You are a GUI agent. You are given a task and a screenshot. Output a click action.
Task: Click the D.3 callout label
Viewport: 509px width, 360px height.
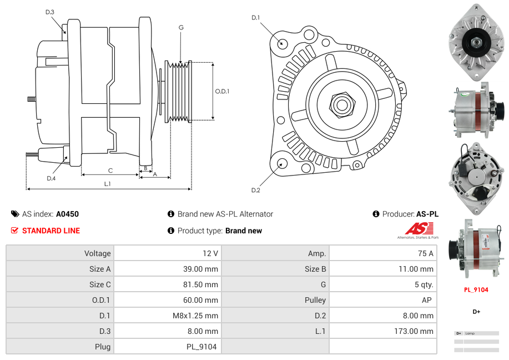tap(50, 12)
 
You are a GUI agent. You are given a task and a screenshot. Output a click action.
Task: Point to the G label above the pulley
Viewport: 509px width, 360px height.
tap(181, 27)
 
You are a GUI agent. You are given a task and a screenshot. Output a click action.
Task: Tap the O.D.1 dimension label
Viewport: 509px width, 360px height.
tap(222, 91)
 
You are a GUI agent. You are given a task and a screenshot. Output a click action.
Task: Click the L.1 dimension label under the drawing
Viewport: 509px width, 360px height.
tap(108, 184)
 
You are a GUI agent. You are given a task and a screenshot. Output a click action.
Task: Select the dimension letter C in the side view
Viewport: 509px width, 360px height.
tap(110, 171)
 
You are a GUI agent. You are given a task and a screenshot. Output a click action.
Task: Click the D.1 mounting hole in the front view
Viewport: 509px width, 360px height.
tap(281, 43)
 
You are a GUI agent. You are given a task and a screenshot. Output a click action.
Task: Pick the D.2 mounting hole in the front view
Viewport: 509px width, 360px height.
tap(281, 163)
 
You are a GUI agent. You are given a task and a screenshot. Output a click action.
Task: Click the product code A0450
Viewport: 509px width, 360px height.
tap(67, 214)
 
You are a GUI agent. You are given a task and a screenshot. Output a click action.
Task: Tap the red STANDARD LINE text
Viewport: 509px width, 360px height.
tap(51, 231)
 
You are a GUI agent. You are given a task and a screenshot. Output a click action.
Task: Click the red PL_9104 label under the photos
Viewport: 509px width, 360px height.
tap(476, 289)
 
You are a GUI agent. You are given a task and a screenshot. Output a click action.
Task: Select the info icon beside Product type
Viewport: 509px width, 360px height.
tap(171, 231)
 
